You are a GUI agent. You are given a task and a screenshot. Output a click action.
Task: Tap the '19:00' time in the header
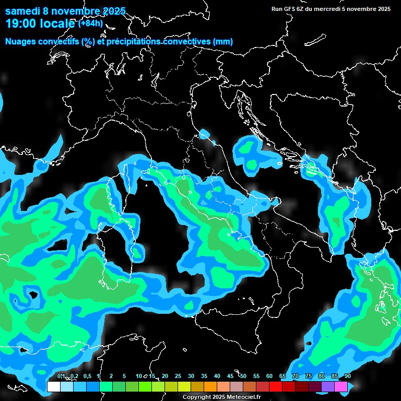tap(21, 23)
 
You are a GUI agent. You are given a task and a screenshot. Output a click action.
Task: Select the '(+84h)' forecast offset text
tap(90, 23)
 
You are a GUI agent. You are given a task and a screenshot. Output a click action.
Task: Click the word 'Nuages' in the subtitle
tap(20, 42)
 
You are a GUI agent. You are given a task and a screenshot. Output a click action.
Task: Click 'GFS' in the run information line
tap(289, 9)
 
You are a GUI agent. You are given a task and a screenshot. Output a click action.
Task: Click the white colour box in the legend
tap(53, 386)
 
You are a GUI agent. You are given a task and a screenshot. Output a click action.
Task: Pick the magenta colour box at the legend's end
tap(341, 386)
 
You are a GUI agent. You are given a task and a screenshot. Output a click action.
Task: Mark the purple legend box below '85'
tap(328, 386)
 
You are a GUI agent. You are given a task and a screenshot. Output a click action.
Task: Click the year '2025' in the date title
tap(111, 11)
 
